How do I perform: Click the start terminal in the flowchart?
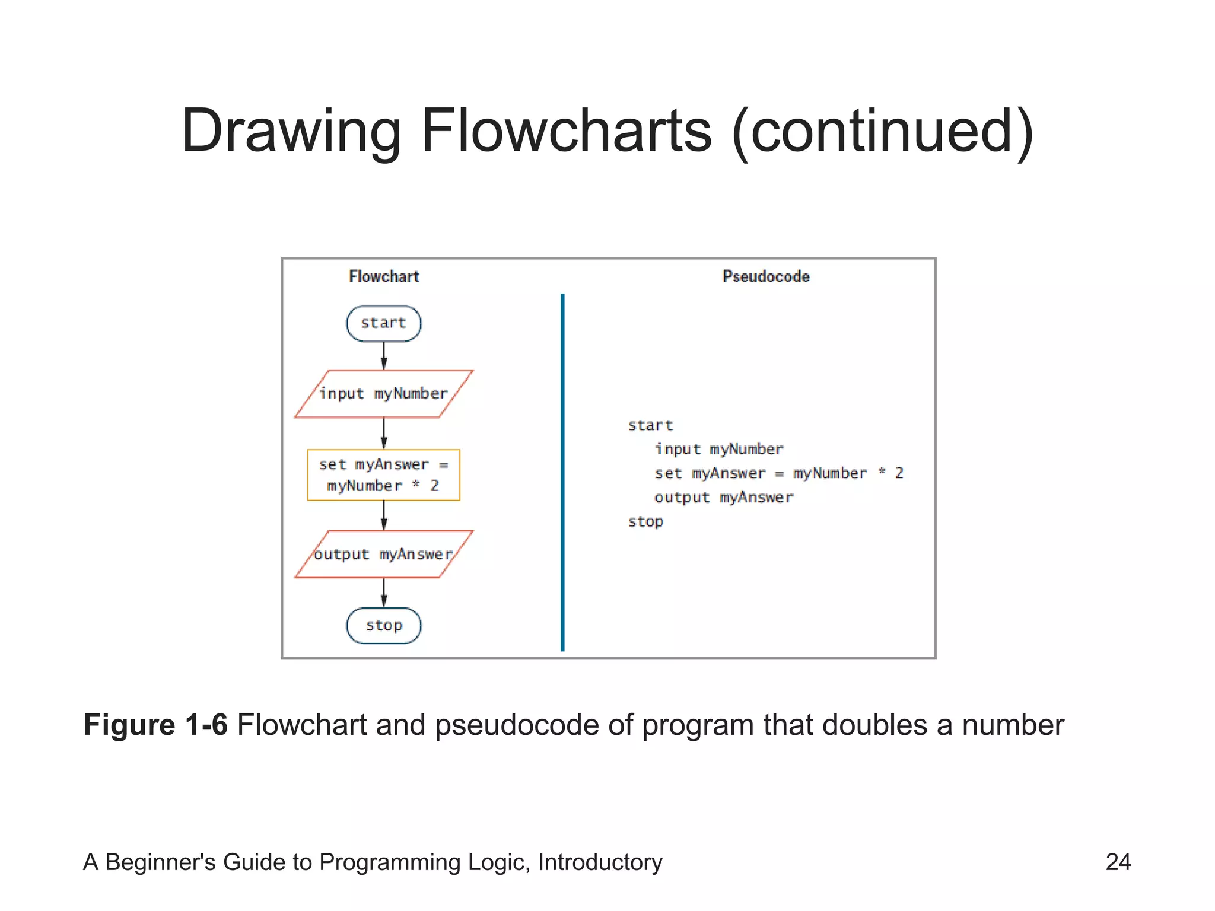384,323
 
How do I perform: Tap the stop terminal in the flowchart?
384,625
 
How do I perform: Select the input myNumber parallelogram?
384,394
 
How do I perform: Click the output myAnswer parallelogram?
384,554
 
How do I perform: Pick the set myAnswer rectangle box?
384,475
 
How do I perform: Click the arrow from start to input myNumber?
384,355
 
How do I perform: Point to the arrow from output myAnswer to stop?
384,593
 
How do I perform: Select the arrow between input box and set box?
384,433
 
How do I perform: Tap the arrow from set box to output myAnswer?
384,515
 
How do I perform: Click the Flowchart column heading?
384,276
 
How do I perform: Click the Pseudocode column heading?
766,276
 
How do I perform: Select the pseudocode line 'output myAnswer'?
723,498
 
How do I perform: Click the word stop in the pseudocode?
645,522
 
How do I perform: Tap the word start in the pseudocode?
650,425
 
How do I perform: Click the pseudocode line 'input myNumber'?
718,449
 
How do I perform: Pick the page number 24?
1118,862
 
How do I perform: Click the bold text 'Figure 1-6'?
155,725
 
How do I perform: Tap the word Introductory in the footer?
600,862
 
